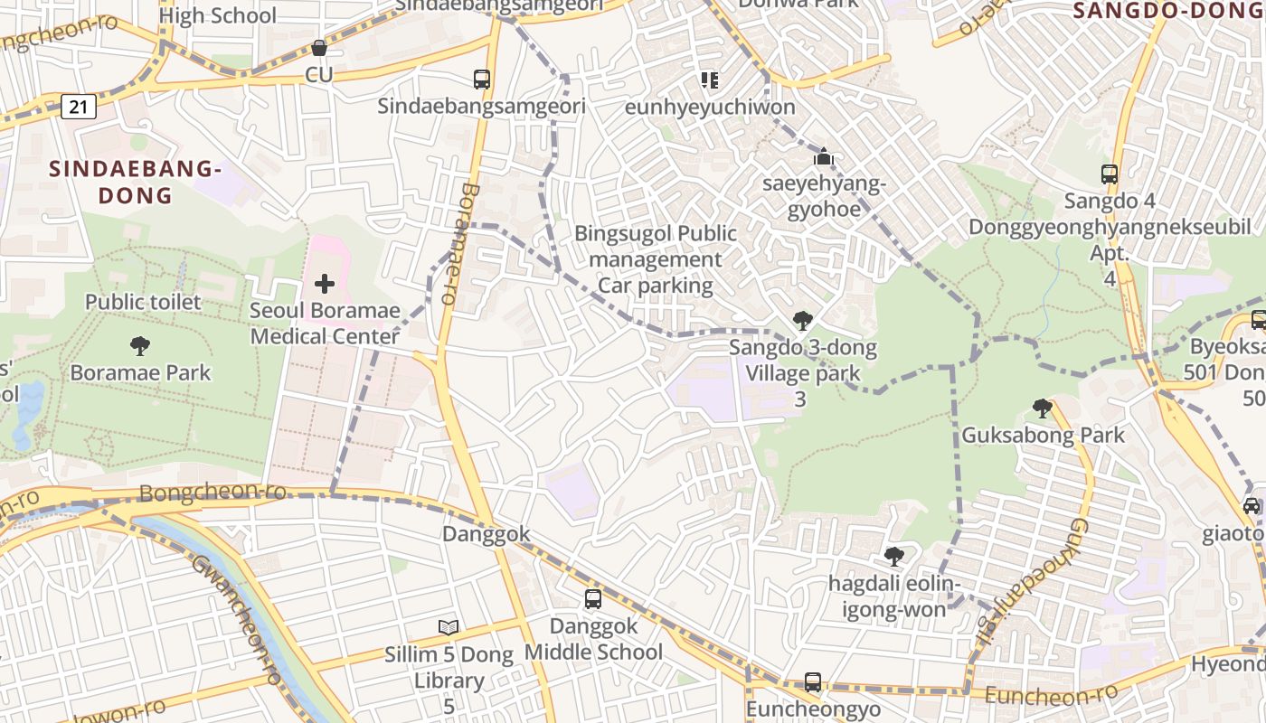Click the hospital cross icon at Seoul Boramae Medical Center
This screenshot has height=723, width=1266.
[324, 284]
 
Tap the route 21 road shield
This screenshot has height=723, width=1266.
[79, 108]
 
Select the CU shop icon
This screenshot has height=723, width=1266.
[318, 48]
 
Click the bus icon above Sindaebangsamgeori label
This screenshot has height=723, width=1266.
[482, 80]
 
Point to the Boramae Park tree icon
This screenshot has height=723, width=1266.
[139, 345]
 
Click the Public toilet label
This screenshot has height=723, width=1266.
[143, 302]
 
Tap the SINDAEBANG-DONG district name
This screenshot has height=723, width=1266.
[135, 182]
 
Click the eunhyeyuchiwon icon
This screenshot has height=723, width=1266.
[710, 80]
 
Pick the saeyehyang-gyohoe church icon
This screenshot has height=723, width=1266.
[823, 157]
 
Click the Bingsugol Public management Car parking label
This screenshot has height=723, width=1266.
[656, 260]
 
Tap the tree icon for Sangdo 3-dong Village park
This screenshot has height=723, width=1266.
[801, 320]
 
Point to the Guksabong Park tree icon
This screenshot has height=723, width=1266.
[1042, 408]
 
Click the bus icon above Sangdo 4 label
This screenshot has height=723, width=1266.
[1109, 174]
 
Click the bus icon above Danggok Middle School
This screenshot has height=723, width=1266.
[593, 598]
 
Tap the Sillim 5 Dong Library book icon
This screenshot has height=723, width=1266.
[449, 627]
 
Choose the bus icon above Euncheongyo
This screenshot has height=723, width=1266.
[813, 682]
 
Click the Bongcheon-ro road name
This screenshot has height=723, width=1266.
[213, 493]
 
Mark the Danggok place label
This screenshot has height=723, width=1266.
[486, 534]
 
